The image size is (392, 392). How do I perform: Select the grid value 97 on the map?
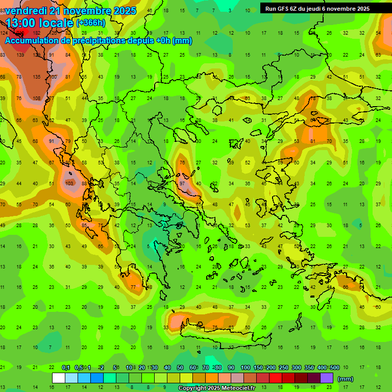[x=182, y=183]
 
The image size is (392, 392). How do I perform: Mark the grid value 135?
[x=37, y=77]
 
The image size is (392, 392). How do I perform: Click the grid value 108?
[x=37, y=99]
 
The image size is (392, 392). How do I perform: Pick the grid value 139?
[x=20, y=55]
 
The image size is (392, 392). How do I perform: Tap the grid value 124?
[x=4, y=33]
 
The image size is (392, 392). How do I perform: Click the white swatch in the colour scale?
[x=59, y=378]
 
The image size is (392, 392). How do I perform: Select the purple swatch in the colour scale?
[x=327, y=378]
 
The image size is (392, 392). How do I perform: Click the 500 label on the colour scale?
[x=334, y=367]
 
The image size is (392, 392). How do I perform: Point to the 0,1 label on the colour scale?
[x=66, y=367]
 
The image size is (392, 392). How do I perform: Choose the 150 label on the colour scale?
[x=259, y=367]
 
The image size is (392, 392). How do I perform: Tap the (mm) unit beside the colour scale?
[x=346, y=379]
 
